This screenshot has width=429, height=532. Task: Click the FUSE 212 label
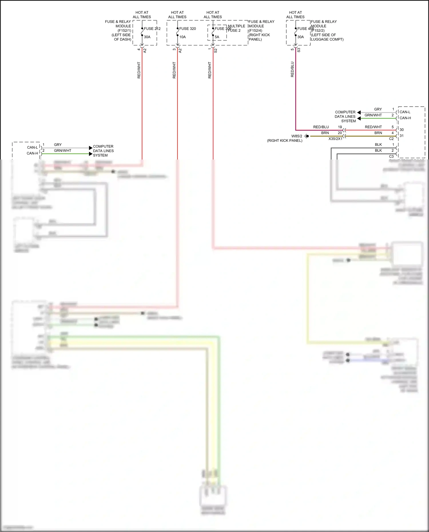152,29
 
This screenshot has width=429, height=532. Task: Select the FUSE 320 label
187,29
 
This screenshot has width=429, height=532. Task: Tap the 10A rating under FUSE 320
182,37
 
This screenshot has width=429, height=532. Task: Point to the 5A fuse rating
217,37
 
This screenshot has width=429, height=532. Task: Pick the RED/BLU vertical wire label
292,69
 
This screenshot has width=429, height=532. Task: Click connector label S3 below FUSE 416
299,50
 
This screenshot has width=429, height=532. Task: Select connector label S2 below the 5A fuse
216,51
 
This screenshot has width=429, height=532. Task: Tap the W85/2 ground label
297,136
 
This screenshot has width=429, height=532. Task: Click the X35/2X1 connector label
335,139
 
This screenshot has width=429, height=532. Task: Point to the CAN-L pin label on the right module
405,112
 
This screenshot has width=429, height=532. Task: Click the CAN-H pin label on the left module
32,153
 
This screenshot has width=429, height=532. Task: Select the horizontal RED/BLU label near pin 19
321,127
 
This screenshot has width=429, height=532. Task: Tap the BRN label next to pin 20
325,133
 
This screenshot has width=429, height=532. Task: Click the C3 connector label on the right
391,156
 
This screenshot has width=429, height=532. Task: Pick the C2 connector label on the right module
391,139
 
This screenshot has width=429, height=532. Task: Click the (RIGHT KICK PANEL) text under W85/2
285,141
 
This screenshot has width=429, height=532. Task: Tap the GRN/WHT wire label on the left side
63,151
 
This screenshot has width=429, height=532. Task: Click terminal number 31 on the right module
402,136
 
